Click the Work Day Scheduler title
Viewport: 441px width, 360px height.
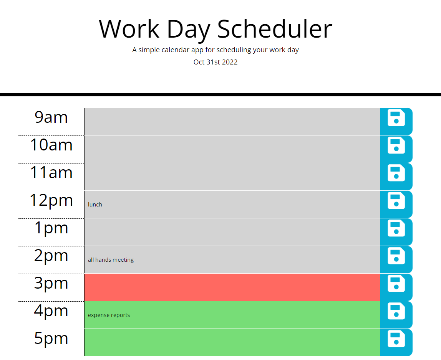point(216,29)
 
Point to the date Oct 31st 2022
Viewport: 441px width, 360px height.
point(216,62)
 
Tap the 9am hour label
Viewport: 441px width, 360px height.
point(51,117)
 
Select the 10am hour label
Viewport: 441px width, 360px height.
point(51,145)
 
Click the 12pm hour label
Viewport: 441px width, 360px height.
point(51,200)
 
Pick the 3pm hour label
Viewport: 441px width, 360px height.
point(51,283)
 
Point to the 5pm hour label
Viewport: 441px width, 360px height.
point(51,339)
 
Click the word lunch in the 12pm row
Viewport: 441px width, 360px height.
point(95,205)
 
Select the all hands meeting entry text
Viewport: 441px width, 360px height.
point(111,260)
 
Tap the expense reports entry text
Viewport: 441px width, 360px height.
point(109,315)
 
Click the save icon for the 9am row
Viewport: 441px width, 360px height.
point(396,118)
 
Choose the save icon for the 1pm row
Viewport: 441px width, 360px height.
point(396,228)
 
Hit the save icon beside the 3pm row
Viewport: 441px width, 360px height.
point(396,284)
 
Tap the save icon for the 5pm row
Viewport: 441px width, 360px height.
point(396,339)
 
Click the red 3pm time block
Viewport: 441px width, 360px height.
point(232,287)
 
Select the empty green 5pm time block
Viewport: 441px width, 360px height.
point(232,342)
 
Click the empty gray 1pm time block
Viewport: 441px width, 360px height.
point(232,232)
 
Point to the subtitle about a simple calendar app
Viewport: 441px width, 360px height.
point(216,50)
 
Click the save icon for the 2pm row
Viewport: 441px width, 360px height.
point(396,256)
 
